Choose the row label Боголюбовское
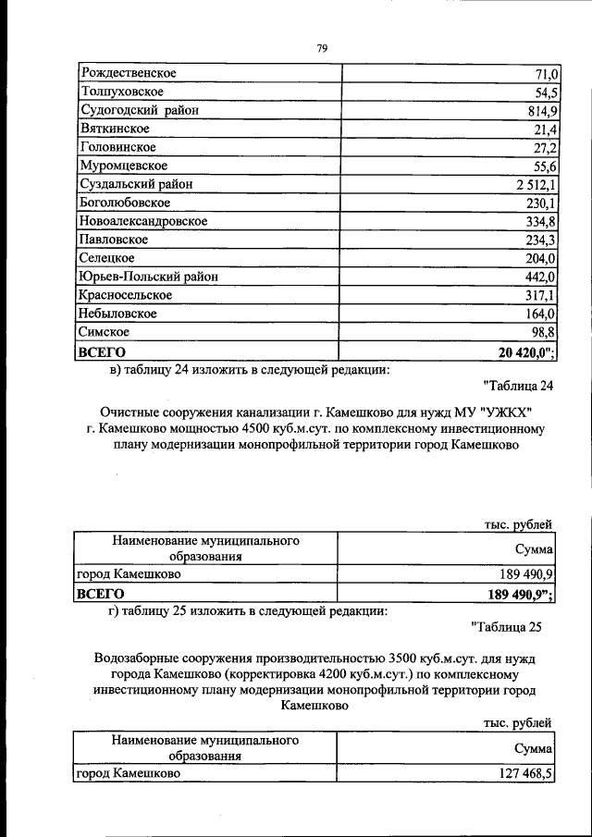point(126,203)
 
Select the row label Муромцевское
point(124,166)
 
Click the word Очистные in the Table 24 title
point(129,412)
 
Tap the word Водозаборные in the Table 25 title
point(137,659)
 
